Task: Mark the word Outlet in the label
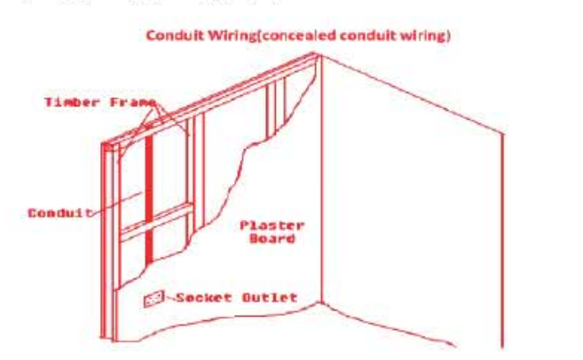[x=270, y=297]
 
